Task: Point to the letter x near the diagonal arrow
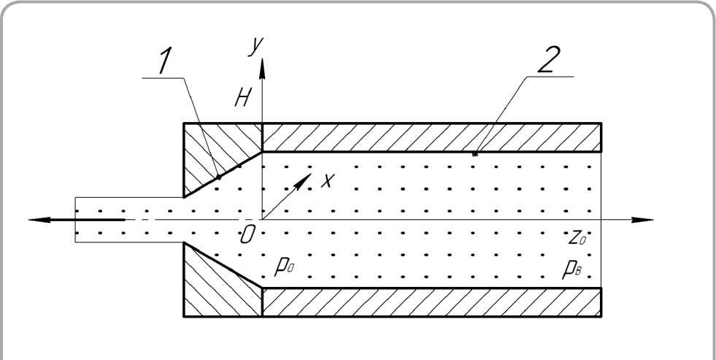[x=326, y=180]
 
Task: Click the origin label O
[x=248, y=234]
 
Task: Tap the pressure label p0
[x=283, y=264]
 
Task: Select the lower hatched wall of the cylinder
[x=431, y=302]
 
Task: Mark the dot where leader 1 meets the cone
[x=219, y=177]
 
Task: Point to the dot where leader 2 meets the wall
[x=475, y=154]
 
